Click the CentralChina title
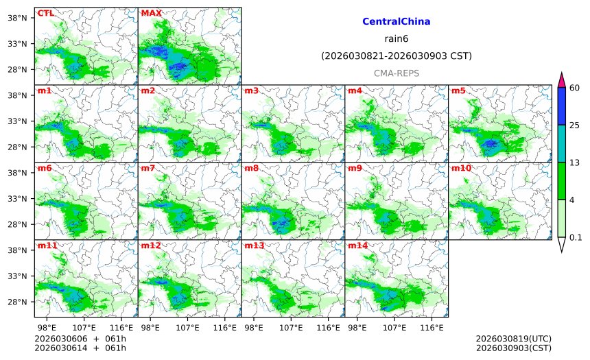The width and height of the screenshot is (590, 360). [x=396, y=21]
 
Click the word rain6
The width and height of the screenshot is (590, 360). [x=396, y=38]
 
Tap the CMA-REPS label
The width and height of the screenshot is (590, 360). [x=396, y=73]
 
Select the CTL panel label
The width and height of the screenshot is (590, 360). [x=45, y=13]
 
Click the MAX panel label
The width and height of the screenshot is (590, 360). [x=151, y=13]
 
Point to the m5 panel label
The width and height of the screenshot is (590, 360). [x=458, y=91]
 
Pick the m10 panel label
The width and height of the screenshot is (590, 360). [x=461, y=168]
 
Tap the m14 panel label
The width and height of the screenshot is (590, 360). [x=357, y=245]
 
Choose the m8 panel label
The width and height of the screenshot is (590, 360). [x=251, y=168]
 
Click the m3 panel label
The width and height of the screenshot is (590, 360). [x=251, y=91]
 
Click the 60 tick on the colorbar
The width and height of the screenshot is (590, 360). [x=575, y=88]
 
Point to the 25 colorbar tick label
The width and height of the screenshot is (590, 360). [x=575, y=125]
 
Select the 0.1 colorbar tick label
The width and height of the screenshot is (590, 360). [x=576, y=237]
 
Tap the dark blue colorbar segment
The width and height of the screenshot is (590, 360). [x=562, y=106]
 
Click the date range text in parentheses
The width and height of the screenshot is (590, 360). [x=396, y=56]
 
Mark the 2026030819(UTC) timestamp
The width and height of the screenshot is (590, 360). [x=513, y=339]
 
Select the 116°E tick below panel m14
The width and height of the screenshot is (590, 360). [x=432, y=328]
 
